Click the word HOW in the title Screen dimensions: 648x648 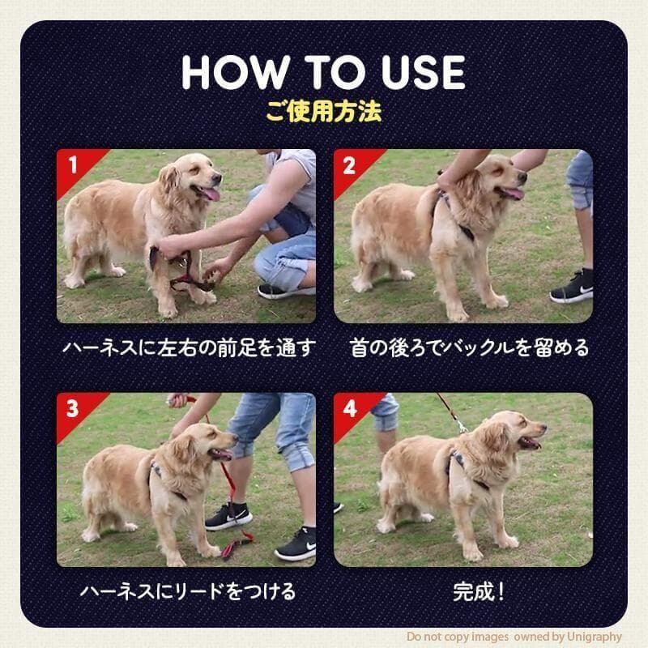coord(236,72)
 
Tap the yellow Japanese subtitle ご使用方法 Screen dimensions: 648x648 coord(323,111)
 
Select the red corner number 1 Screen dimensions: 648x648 coord(73,164)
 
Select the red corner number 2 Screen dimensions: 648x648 coord(349,165)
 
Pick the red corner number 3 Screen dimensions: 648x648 coord(72,408)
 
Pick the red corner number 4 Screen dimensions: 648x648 coord(350,409)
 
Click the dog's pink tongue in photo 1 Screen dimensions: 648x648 coord(211,194)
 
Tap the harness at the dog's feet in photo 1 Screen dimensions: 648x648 coord(181,270)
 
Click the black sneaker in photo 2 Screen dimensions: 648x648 coord(572,286)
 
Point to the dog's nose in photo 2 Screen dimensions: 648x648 coord(522,177)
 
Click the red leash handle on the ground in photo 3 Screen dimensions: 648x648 coord(237,544)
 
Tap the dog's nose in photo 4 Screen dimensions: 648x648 coord(543,428)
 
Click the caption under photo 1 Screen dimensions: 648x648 coord(189,347)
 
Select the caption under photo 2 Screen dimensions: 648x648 coord(469,347)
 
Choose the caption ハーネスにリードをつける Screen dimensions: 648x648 coord(188,591)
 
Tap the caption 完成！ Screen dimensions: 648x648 coord(479,592)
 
